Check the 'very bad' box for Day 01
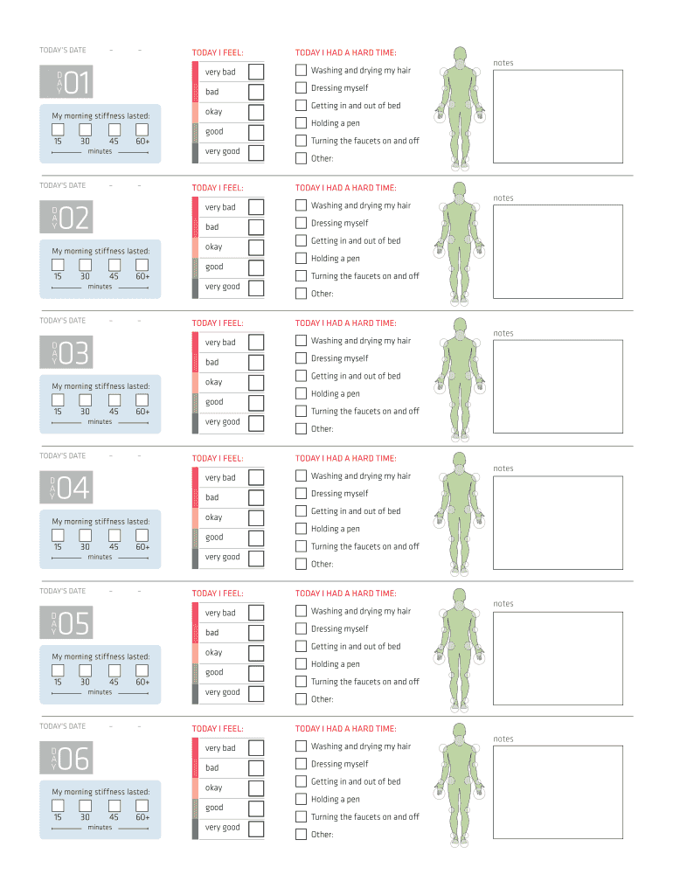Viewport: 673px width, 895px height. pyautogui.click(x=256, y=72)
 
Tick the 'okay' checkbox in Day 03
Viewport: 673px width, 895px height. pyautogui.click(x=256, y=382)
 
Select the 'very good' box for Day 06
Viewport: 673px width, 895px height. pyautogui.click(x=256, y=828)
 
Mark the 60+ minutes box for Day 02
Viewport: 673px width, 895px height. pyautogui.click(x=142, y=264)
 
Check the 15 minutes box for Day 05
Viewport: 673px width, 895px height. pyautogui.click(x=58, y=670)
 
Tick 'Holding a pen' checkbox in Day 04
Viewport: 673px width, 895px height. pyautogui.click(x=301, y=529)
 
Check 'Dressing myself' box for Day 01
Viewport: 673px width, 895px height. pyautogui.click(x=301, y=87)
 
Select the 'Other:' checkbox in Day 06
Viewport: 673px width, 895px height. pyautogui.click(x=301, y=835)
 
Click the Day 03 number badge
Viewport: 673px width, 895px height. pyautogui.click(x=66, y=353)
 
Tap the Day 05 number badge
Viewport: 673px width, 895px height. pyautogui.click(x=66, y=623)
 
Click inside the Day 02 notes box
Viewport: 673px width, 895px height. pyautogui.click(x=558, y=251)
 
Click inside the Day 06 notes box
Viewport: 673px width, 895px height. pyautogui.click(x=558, y=792)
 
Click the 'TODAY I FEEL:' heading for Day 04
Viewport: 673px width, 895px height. pyautogui.click(x=218, y=458)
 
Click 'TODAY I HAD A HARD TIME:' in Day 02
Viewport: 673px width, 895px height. pyautogui.click(x=345, y=188)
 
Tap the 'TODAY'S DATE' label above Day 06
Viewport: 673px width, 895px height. pyautogui.click(x=63, y=726)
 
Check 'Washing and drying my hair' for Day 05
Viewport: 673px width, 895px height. pyautogui.click(x=301, y=611)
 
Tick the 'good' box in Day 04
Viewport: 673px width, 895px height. pyautogui.click(x=256, y=538)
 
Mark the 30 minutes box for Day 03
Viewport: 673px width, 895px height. pyautogui.click(x=85, y=399)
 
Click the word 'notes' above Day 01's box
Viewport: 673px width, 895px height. pyautogui.click(x=503, y=63)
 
